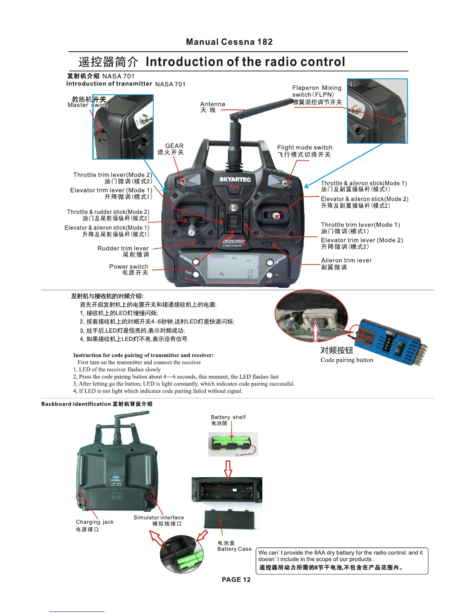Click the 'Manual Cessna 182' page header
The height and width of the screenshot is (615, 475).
tap(229, 42)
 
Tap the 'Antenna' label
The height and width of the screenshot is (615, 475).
tap(212, 104)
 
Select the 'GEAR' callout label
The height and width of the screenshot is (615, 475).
tap(174, 146)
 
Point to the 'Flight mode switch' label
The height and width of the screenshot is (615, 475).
tap(305, 148)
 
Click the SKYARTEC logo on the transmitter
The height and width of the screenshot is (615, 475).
tap(235, 179)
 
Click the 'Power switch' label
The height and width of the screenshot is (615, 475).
tap(128, 267)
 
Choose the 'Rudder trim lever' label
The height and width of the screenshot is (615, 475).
tap(123, 248)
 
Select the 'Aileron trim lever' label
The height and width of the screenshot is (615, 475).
tap(346, 261)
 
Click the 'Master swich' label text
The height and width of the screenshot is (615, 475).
tap(88, 105)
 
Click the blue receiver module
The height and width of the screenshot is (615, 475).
tap(392, 342)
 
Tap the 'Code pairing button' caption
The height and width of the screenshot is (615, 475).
tap(347, 360)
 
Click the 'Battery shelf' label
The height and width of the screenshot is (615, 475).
tap(228, 417)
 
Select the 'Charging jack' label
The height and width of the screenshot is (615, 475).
tap(95, 522)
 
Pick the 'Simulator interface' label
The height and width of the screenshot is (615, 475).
tap(159, 518)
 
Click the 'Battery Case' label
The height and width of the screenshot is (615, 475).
tap(234, 549)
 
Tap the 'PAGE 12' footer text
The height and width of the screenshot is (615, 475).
tap(236, 580)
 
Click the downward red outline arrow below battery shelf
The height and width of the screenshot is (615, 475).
tap(228, 469)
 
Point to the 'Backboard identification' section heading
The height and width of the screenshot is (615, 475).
tap(76, 404)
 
